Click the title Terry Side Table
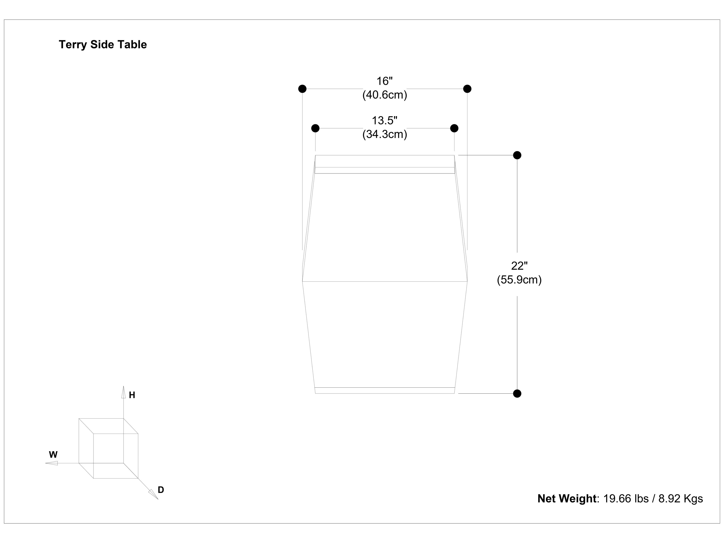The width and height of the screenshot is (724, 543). point(103,44)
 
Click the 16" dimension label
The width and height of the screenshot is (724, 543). point(385,81)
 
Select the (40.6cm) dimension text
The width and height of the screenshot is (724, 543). point(385,95)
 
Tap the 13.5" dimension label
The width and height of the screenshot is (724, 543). point(385,120)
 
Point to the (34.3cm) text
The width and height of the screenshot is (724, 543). point(385,134)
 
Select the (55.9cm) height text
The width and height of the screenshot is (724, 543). point(519,280)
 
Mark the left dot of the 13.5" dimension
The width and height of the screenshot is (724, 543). point(315,128)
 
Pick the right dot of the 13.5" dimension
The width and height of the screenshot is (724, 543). point(454,128)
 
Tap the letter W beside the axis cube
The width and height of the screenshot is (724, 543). point(53,455)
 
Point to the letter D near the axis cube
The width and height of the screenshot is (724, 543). point(161,490)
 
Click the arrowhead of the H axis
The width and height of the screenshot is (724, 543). point(123,392)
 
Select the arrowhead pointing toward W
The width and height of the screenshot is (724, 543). point(52,463)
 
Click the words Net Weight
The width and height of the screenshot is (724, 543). point(567,499)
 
